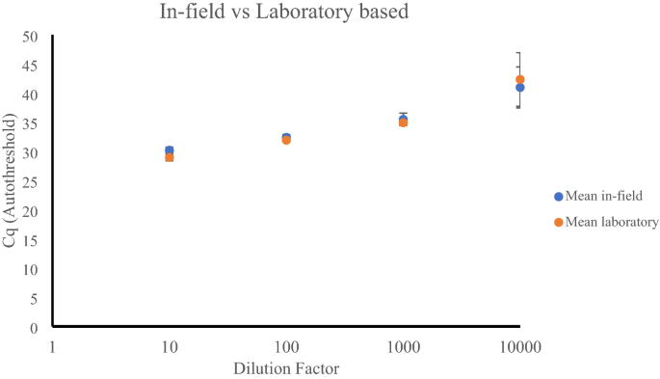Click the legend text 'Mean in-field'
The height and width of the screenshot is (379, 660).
coord(605,196)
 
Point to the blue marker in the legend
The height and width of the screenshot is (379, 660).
coord(558,197)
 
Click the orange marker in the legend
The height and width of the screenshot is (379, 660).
coord(558,223)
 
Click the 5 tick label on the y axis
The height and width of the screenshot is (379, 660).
coord(34,299)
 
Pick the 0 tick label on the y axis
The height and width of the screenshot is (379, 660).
coord(34,328)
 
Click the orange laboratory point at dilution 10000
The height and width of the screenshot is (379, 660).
coord(519,80)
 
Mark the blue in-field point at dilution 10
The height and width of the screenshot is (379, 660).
coord(170,150)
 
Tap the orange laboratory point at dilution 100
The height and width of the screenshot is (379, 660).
coord(286,140)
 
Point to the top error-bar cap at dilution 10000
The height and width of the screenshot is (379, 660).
coord(519,52)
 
